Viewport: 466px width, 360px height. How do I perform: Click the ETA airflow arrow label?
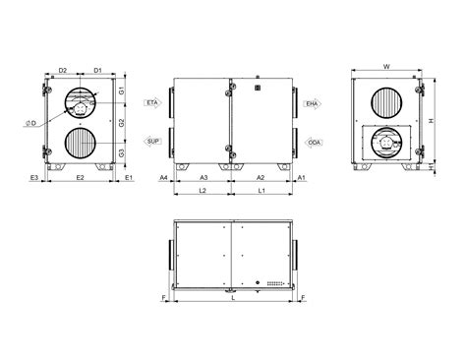point(152,103)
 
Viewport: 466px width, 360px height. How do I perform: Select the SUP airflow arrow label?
point(152,142)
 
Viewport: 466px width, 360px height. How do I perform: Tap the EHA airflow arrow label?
point(313,104)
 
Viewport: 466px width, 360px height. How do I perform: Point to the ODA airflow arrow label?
point(314,143)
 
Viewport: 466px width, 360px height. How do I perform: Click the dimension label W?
point(386,67)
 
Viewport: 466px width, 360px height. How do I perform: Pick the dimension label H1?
point(432,167)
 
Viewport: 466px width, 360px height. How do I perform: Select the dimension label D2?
point(63,70)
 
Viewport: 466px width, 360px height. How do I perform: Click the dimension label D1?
point(98,70)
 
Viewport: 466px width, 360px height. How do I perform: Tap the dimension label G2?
point(122,123)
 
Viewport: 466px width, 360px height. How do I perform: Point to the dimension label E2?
point(81,178)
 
